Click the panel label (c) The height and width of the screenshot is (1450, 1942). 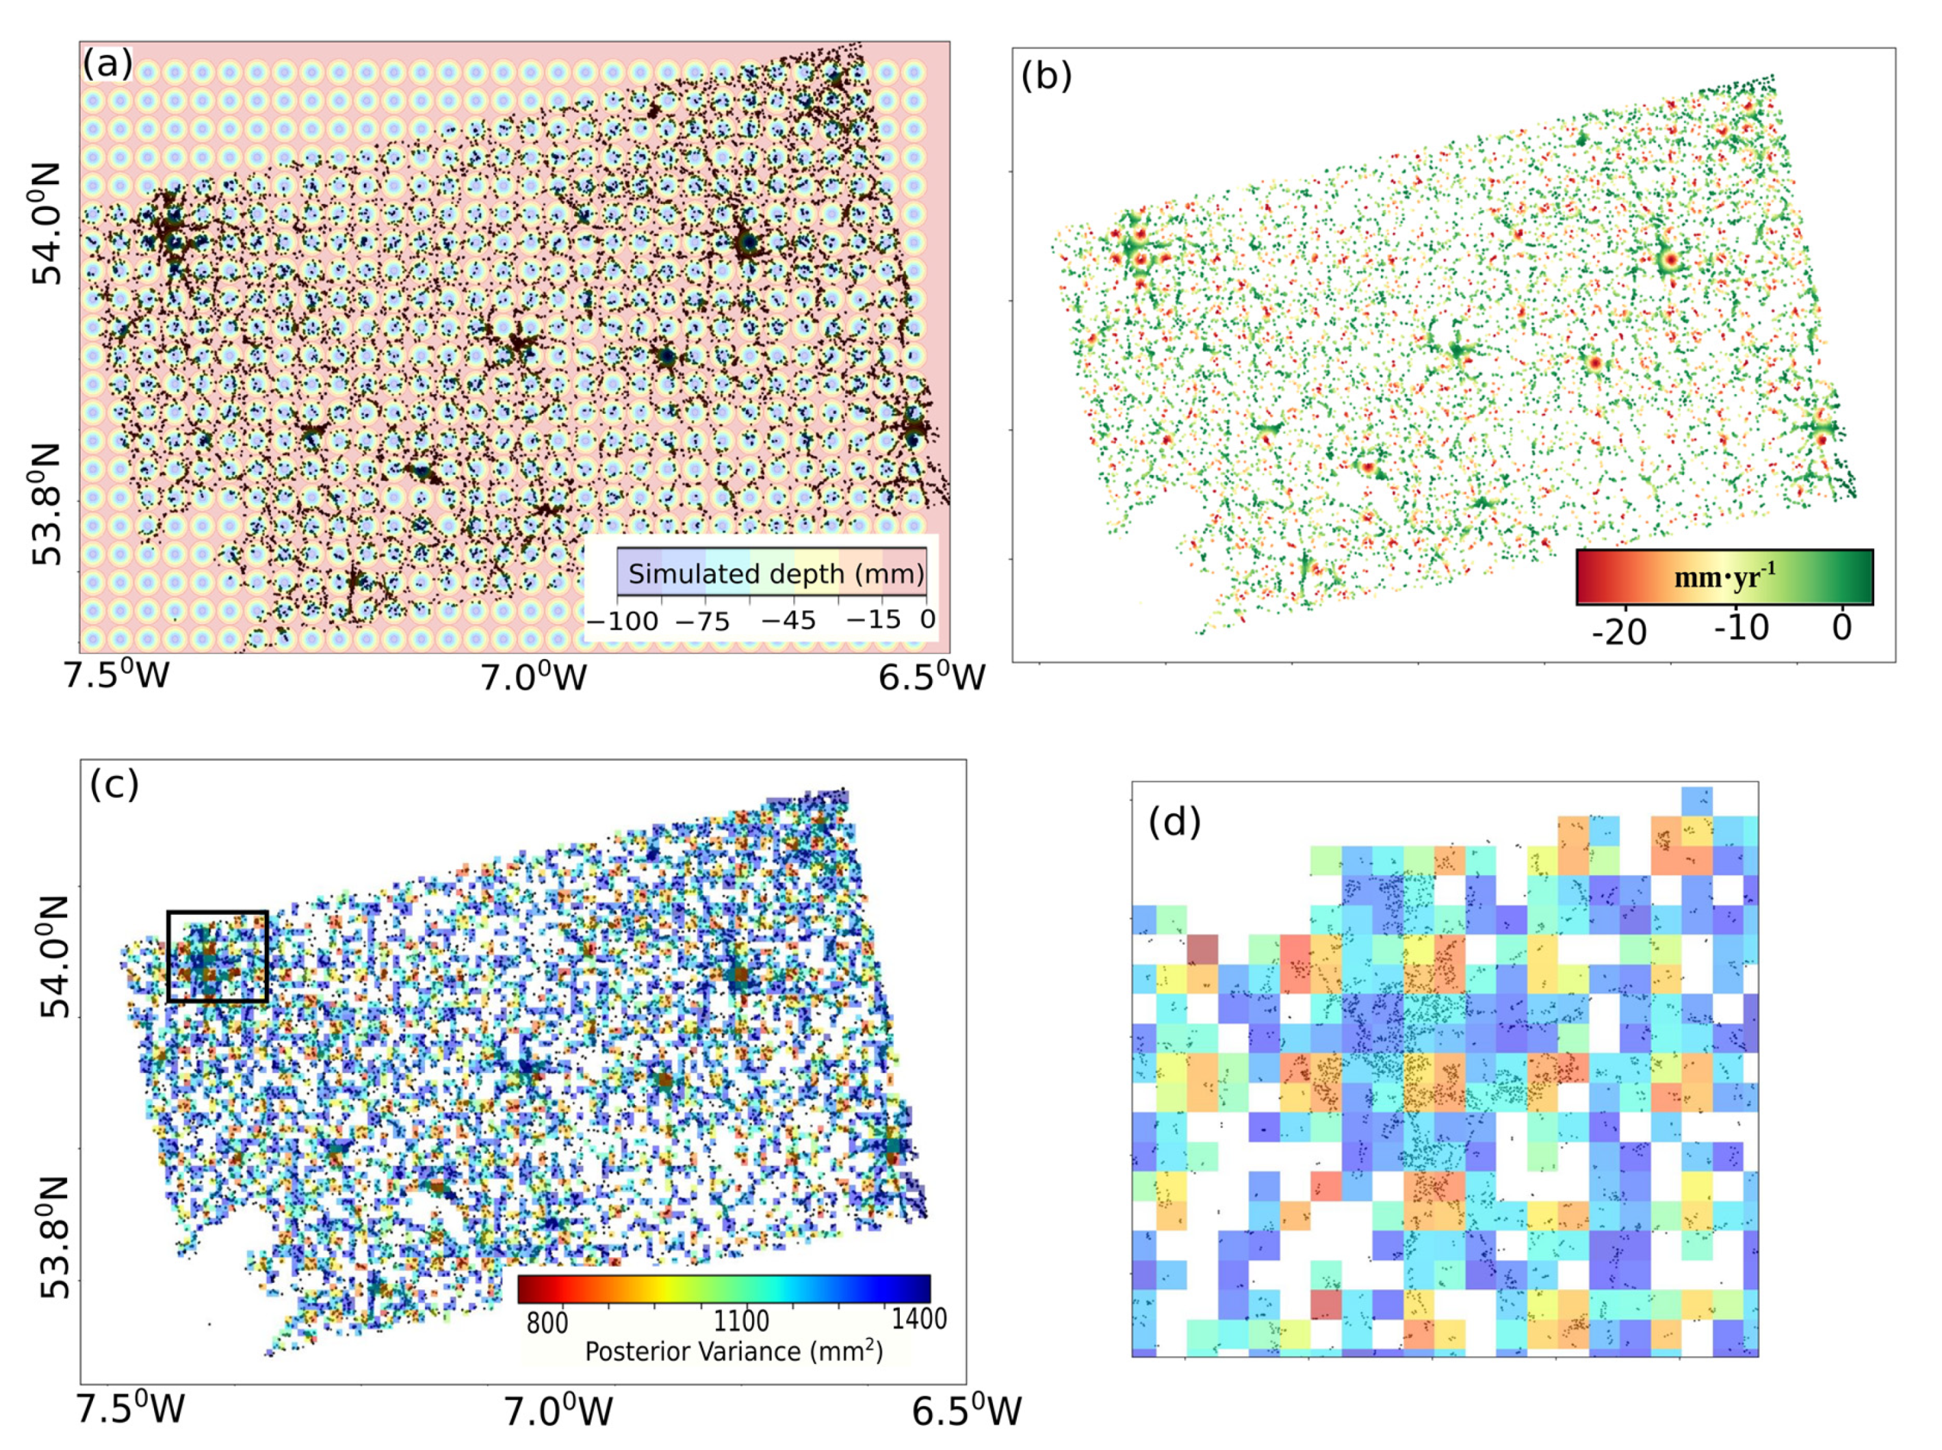tap(114, 785)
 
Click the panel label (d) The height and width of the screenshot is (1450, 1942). tap(1174, 823)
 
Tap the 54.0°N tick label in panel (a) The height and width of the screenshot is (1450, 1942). tap(47, 223)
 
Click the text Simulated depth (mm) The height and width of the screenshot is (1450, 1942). tap(776, 574)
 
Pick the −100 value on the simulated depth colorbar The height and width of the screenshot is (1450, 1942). tap(621, 621)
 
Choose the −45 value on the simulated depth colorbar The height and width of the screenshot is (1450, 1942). tap(787, 621)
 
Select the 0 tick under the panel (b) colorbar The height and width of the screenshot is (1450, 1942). tap(1842, 627)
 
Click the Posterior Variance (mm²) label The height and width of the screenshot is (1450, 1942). tap(734, 1351)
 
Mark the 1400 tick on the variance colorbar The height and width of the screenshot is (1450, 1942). tap(919, 1319)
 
